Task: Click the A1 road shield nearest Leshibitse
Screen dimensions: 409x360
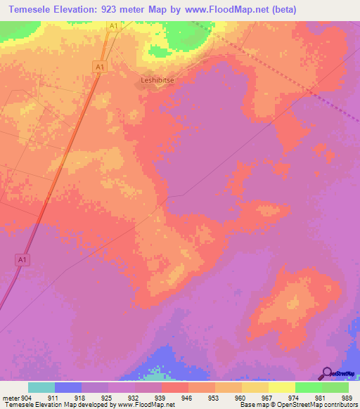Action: (x=100, y=66)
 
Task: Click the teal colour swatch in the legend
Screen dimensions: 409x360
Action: (x=41, y=387)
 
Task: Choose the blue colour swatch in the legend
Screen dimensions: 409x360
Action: (x=68, y=387)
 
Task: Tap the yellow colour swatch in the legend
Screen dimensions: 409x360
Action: (x=282, y=387)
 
